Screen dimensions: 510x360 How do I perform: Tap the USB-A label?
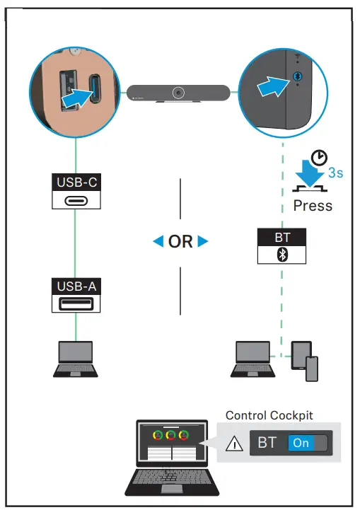[76, 287]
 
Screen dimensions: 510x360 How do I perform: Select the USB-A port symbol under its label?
[76, 304]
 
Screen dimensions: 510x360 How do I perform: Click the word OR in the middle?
[181, 242]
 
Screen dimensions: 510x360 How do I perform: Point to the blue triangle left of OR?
[158, 242]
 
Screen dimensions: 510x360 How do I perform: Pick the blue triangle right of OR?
[204, 242]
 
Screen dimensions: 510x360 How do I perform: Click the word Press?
[313, 206]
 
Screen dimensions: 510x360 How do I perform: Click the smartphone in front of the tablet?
[312, 369]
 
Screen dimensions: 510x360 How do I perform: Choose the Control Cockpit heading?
[269, 416]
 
